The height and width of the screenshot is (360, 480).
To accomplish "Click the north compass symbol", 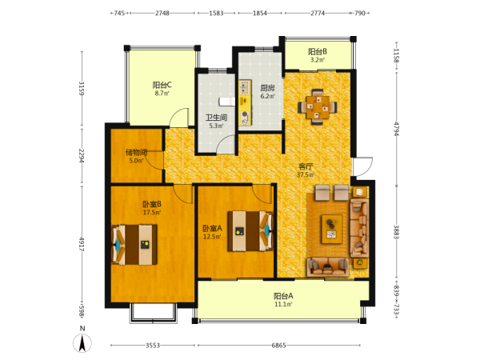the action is (x=82, y=343).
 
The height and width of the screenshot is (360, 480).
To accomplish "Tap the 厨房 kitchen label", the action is (x=267, y=88).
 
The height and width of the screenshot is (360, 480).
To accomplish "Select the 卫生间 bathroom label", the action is (x=216, y=118).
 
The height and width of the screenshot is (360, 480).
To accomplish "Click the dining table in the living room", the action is (x=318, y=107).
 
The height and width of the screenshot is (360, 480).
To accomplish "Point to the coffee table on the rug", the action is (x=332, y=230).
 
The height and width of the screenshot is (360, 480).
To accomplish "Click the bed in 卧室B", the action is (x=134, y=245).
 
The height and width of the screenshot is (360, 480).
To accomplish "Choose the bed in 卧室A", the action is (x=250, y=231).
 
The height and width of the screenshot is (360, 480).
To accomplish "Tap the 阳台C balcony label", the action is (x=162, y=85).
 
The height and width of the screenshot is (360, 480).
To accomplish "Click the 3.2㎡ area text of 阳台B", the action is (x=318, y=60).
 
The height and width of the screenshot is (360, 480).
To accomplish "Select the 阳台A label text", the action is (x=283, y=296).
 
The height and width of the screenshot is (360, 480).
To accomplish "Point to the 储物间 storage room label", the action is (x=136, y=152).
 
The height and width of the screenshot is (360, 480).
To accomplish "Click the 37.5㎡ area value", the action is (x=306, y=174).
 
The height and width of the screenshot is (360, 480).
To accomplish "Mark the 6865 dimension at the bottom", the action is (x=279, y=346).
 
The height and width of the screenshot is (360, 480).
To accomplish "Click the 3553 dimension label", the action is (x=153, y=346).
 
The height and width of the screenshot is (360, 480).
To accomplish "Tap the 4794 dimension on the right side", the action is (x=397, y=129).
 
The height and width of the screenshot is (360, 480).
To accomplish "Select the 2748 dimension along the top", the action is (x=162, y=13).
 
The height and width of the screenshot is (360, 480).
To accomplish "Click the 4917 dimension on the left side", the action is (x=82, y=244).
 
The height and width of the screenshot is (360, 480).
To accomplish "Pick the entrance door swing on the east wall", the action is (x=362, y=166).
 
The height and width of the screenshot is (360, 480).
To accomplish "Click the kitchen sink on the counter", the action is (x=245, y=87).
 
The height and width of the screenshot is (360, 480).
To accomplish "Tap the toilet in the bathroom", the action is (x=227, y=102).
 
